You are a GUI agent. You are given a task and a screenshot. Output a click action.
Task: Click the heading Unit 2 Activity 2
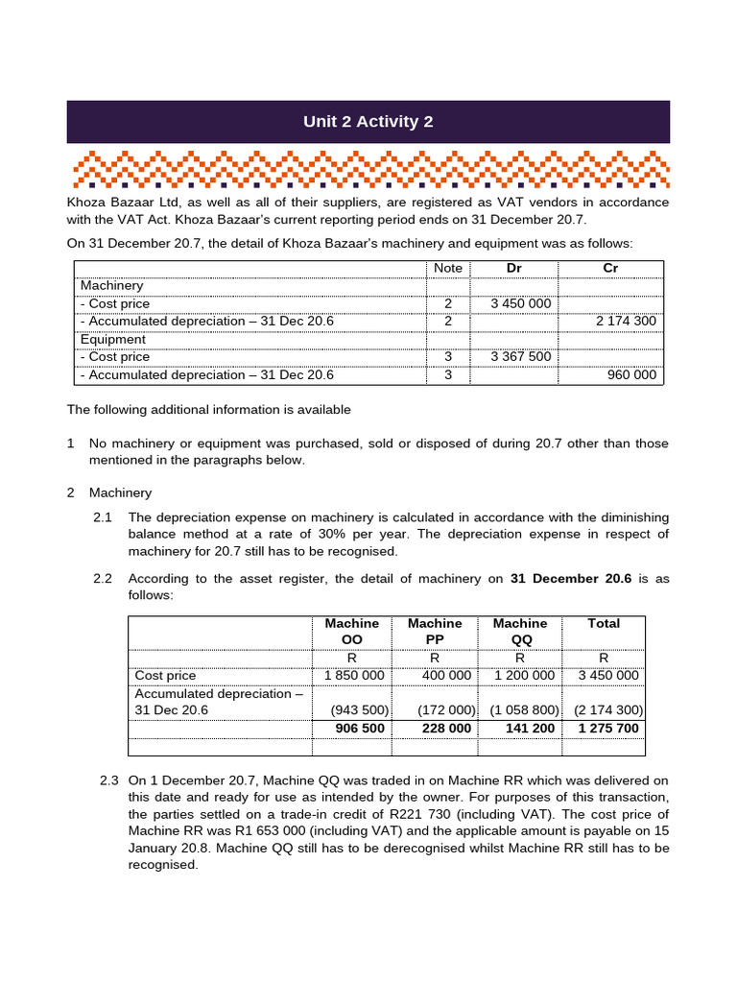click(x=368, y=122)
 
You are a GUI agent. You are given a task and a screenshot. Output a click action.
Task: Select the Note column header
click(x=447, y=268)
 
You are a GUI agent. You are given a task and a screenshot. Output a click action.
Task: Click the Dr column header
click(x=513, y=268)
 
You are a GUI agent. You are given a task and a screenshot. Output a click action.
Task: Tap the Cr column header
click(x=610, y=268)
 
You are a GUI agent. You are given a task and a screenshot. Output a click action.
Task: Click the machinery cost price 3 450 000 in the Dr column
click(x=520, y=303)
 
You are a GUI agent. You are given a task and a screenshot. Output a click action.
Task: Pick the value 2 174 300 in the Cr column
click(x=626, y=321)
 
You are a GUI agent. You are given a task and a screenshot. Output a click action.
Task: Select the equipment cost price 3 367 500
click(x=520, y=357)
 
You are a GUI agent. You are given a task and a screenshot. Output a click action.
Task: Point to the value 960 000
click(x=632, y=374)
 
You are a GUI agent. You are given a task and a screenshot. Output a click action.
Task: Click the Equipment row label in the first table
click(x=113, y=339)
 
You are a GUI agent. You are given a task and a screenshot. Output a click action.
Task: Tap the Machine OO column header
click(x=352, y=632)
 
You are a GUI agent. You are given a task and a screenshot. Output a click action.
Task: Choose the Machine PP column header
click(x=435, y=632)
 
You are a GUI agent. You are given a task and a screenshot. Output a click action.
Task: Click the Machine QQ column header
click(x=519, y=632)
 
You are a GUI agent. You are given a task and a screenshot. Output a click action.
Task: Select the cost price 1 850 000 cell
click(x=354, y=675)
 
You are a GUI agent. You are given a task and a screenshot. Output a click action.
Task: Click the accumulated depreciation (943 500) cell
click(x=359, y=710)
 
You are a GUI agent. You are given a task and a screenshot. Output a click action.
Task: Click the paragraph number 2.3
click(x=109, y=779)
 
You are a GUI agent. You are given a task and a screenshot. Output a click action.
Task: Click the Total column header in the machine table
click(x=604, y=623)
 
